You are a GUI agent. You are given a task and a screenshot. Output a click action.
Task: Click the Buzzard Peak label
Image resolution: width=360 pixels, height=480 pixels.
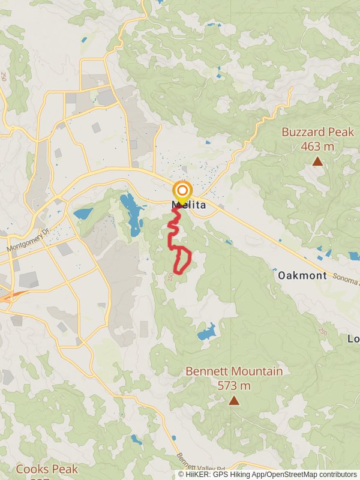pyautogui.click(x=318, y=132)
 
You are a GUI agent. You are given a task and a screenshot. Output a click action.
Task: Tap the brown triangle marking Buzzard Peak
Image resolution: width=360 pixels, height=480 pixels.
pyautogui.click(x=317, y=161)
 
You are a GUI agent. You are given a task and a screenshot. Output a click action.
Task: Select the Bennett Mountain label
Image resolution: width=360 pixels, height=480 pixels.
pyautogui.click(x=234, y=371)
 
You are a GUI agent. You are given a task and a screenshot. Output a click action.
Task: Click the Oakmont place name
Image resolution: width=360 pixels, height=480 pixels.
pyautogui.click(x=302, y=275)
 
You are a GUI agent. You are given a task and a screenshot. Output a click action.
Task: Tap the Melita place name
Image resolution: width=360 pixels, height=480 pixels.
pyautogui.click(x=189, y=205)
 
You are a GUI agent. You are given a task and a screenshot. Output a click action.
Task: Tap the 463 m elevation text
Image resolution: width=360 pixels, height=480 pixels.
pyautogui.click(x=317, y=146)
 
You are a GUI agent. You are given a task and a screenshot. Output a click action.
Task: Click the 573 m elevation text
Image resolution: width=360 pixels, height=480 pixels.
pyautogui.click(x=234, y=386)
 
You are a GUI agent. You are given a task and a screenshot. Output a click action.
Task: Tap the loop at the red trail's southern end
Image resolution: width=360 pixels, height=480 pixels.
pyautogui.click(x=182, y=261)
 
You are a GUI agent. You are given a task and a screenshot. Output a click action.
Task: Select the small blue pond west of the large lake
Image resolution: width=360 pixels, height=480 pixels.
pyautogui.click(x=83, y=213)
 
